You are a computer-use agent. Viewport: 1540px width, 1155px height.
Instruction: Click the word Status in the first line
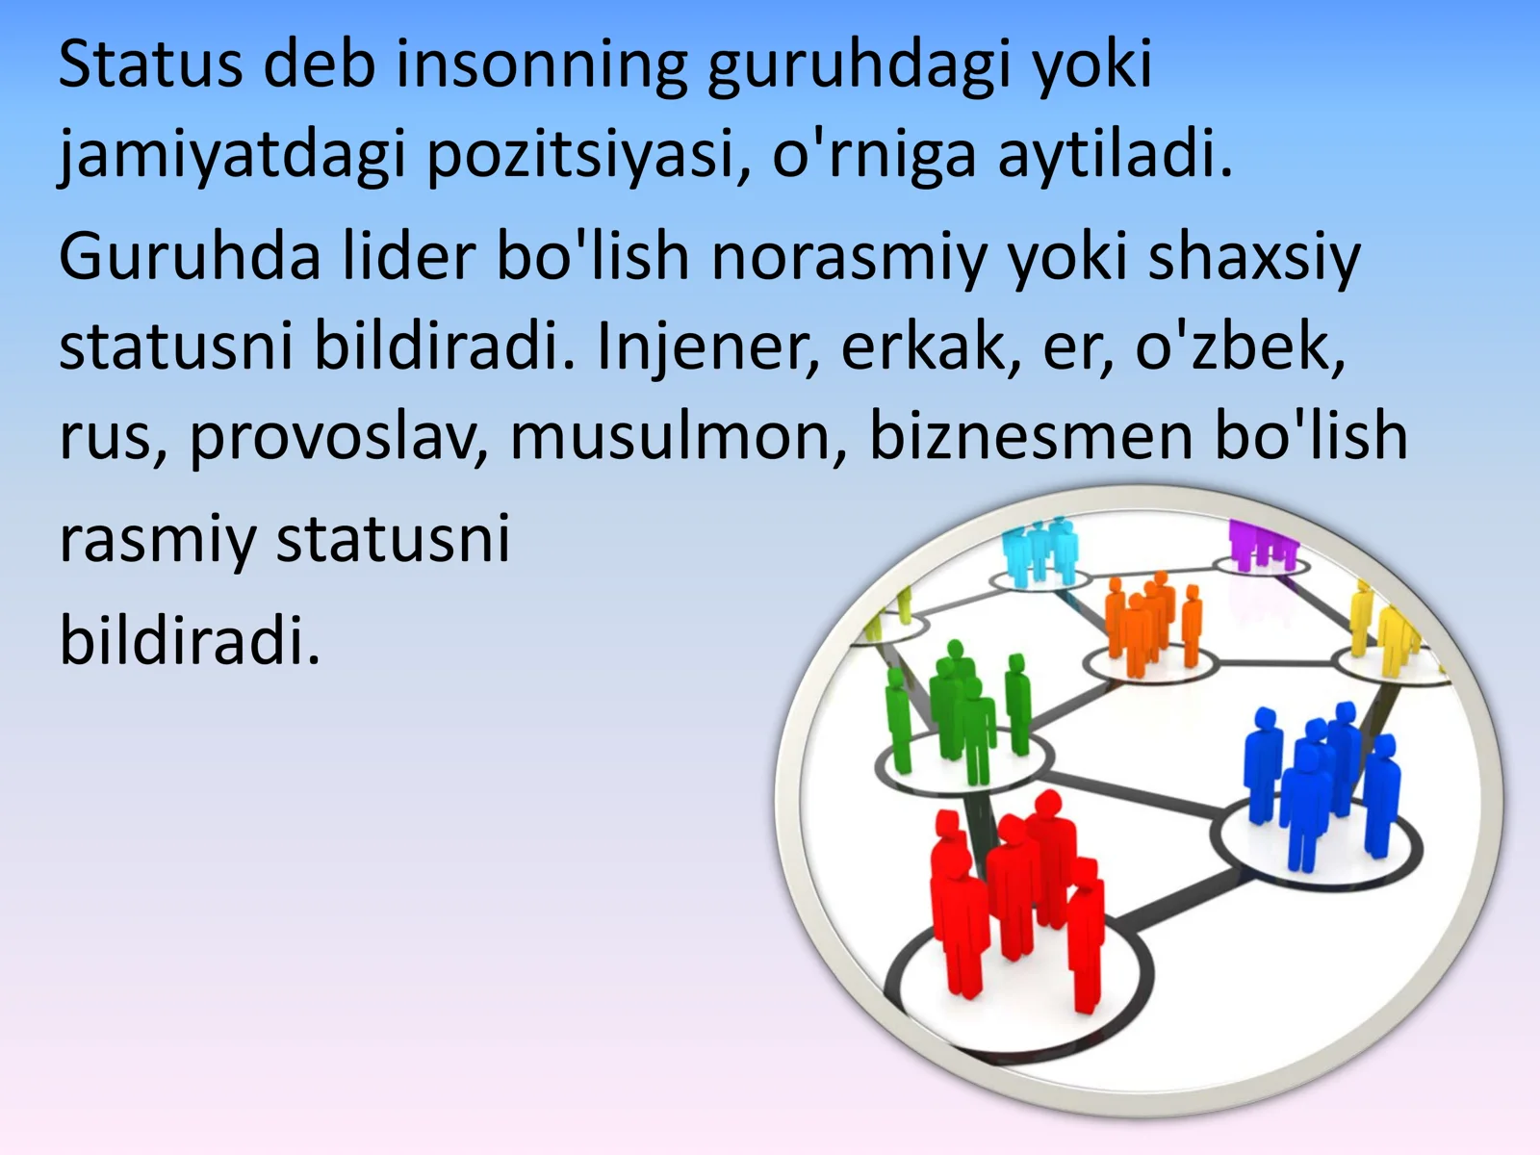click(x=150, y=65)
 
